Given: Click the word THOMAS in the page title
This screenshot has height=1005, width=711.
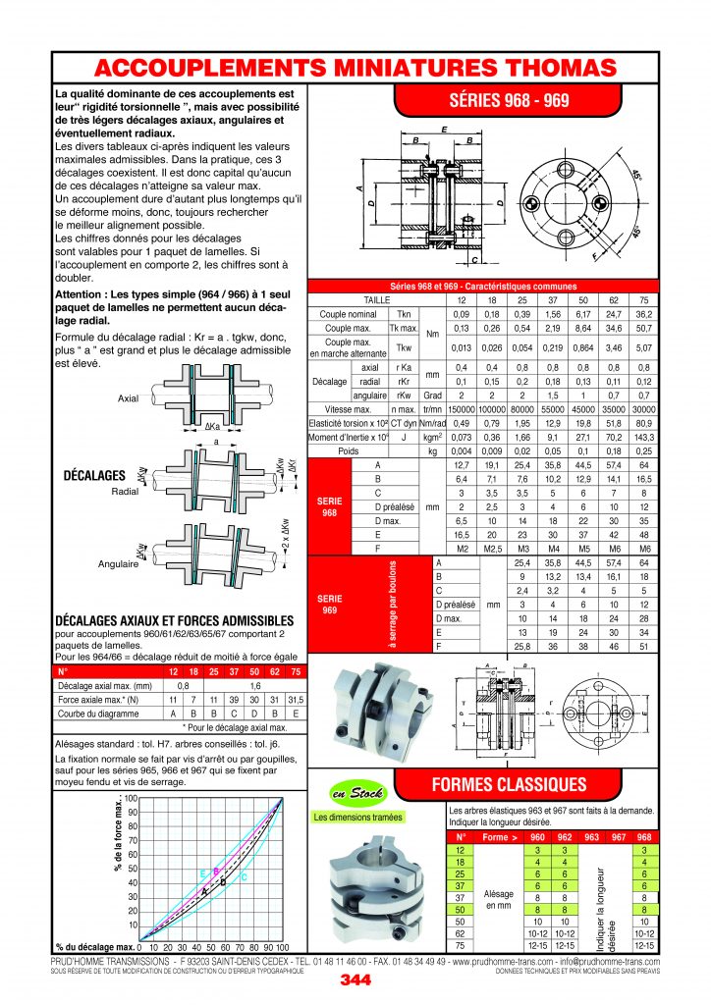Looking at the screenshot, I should coord(551,68).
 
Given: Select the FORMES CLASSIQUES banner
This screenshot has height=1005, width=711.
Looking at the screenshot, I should coord(510,784).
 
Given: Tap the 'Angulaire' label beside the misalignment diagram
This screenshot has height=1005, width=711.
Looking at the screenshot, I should coord(117,564).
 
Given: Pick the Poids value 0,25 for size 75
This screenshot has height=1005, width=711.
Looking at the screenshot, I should coord(643,450).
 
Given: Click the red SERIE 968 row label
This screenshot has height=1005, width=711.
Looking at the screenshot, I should coord(329,505).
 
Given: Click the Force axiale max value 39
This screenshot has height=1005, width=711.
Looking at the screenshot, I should coord(208,701).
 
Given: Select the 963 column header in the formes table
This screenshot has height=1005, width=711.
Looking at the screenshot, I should coord(591,837).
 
